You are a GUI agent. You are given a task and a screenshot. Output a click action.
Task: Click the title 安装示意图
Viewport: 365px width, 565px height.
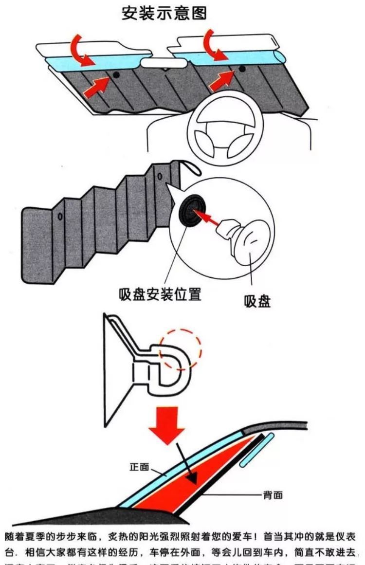coord(164,13)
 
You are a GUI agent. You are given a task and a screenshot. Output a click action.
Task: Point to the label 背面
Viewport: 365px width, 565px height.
coord(272,495)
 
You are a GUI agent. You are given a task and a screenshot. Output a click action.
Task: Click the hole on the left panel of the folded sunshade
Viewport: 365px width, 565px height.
coord(60,216)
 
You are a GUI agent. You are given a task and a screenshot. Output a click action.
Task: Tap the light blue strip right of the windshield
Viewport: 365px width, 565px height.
coord(257,450)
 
